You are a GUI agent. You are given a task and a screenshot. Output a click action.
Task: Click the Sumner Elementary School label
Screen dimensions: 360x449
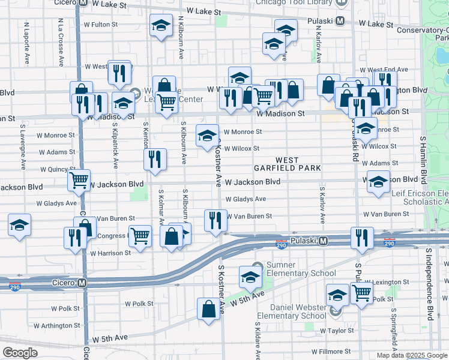point(294,269)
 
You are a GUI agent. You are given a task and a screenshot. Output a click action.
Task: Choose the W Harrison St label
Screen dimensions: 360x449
point(110,253)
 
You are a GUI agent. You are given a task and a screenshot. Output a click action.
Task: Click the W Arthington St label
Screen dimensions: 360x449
point(56,326)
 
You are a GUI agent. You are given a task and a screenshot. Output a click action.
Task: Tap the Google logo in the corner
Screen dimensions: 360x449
point(20,353)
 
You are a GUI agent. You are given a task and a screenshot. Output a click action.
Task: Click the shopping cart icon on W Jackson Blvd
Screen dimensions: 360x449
point(79,180)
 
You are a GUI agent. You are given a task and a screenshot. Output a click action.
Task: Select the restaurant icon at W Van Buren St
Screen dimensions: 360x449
point(215,220)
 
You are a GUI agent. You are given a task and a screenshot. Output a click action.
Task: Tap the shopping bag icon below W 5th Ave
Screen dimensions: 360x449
point(208,309)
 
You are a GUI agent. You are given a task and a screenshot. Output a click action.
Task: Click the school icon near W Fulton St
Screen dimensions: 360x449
point(160,26)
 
